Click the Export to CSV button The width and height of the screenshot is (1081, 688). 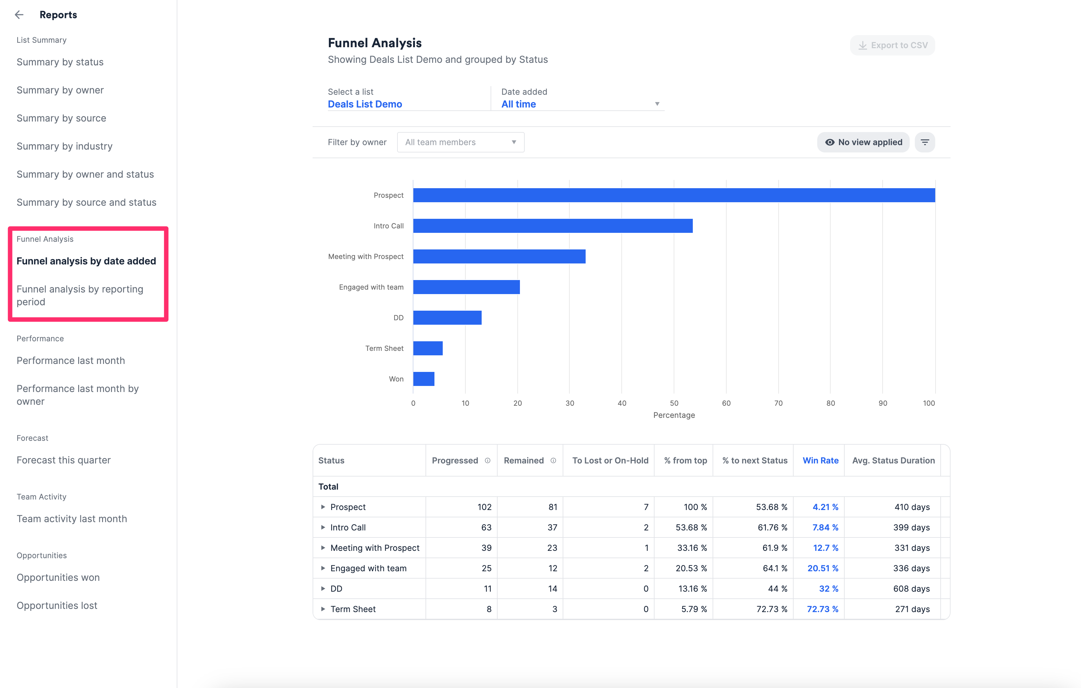click(x=892, y=45)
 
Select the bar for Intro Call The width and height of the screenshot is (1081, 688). click(x=552, y=226)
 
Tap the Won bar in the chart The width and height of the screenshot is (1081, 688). click(x=423, y=379)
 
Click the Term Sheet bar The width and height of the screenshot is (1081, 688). click(x=428, y=348)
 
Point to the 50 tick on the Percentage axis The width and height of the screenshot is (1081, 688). click(x=674, y=403)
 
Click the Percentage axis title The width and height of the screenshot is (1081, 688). click(x=674, y=415)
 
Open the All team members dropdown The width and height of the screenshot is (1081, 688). click(x=461, y=142)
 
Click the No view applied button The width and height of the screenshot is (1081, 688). click(x=863, y=142)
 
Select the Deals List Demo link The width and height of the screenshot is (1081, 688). click(x=365, y=104)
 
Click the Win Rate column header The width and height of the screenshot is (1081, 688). click(x=820, y=461)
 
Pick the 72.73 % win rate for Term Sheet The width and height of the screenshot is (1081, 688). click(x=822, y=609)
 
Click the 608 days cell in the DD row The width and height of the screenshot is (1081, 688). click(x=911, y=589)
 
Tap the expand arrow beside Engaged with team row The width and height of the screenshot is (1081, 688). click(x=323, y=568)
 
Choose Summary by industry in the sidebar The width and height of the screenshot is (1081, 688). click(x=64, y=146)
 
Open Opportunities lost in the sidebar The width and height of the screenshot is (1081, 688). click(x=57, y=605)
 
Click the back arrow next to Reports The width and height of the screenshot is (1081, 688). click(x=19, y=15)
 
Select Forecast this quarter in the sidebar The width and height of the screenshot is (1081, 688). click(x=63, y=460)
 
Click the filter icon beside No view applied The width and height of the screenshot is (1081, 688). click(x=925, y=142)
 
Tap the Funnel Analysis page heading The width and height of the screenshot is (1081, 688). click(x=374, y=43)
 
